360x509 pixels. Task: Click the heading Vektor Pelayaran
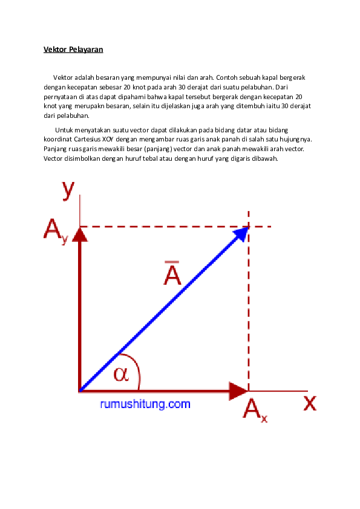tap(73, 50)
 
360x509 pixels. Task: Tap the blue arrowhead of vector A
tap(241, 234)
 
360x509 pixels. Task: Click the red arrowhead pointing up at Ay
tap(80, 234)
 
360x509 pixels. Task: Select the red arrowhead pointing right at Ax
tap(239, 391)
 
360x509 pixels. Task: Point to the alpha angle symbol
tap(121, 374)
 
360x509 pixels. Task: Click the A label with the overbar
tap(172, 273)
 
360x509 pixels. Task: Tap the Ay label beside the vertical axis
tap(56, 230)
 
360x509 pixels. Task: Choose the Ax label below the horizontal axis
tap(255, 410)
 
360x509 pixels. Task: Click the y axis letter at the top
tap(68, 190)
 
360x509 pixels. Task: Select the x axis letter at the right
tap(310, 403)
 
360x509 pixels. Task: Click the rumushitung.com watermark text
tap(145, 404)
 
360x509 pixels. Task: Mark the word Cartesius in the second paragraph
tap(87, 139)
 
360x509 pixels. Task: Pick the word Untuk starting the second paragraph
tap(64, 130)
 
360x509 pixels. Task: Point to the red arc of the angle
tap(136, 365)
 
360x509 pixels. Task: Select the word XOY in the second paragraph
tap(108, 139)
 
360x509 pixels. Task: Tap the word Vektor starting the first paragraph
tap(63, 77)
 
